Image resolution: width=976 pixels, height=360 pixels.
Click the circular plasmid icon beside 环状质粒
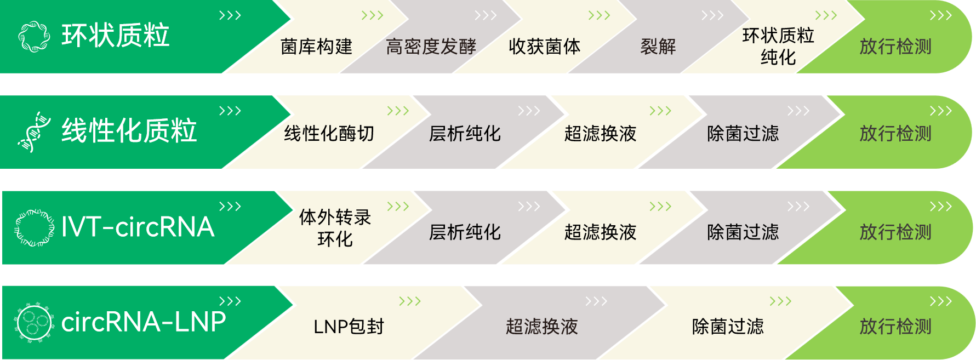(34, 36)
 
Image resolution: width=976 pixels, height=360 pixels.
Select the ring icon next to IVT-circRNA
(34, 227)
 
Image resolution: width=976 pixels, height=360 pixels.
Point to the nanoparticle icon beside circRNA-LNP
(34, 323)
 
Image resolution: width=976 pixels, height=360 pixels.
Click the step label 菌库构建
(316, 47)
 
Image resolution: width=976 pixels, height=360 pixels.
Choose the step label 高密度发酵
(431, 47)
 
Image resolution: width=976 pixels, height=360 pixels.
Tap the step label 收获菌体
(544, 47)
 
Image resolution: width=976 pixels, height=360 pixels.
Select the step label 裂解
(658, 47)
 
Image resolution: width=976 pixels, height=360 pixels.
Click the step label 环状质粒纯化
(778, 47)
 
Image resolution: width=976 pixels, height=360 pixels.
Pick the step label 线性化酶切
(329, 134)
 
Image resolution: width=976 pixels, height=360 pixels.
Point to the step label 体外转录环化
(335, 228)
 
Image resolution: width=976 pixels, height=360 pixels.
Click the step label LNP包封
(349, 327)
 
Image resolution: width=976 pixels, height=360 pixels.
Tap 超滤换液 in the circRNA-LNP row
(541, 327)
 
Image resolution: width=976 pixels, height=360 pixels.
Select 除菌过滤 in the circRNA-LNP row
(727, 327)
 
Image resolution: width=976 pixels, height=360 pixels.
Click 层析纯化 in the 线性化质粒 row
(465, 134)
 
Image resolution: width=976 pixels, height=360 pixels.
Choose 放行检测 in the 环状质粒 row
(895, 47)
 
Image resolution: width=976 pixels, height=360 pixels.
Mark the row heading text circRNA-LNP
(144, 322)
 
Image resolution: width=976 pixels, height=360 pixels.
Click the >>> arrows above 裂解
(712, 16)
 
